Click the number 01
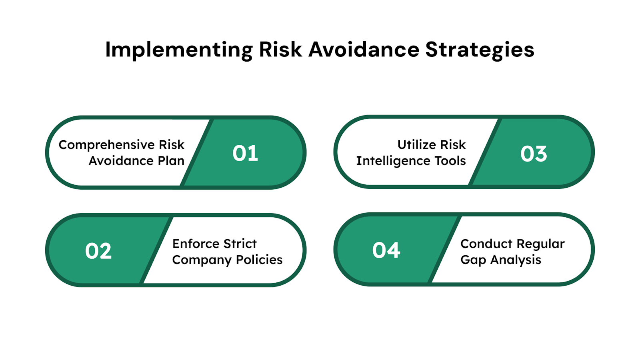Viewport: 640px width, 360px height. tap(245, 154)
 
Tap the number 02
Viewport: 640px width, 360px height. tap(98, 252)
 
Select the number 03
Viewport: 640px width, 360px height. tap(534, 154)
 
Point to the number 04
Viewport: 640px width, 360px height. tap(386, 251)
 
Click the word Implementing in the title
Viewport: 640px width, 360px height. tap(179, 50)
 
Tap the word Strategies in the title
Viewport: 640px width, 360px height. tap(480, 50)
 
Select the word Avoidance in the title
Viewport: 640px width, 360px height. tap(364, 50)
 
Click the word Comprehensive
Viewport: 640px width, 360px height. tap(106, 145)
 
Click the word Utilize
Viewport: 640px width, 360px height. tap(415, 144)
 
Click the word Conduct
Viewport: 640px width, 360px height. tap(486, 244)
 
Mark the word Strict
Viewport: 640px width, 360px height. tap(240, 244)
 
